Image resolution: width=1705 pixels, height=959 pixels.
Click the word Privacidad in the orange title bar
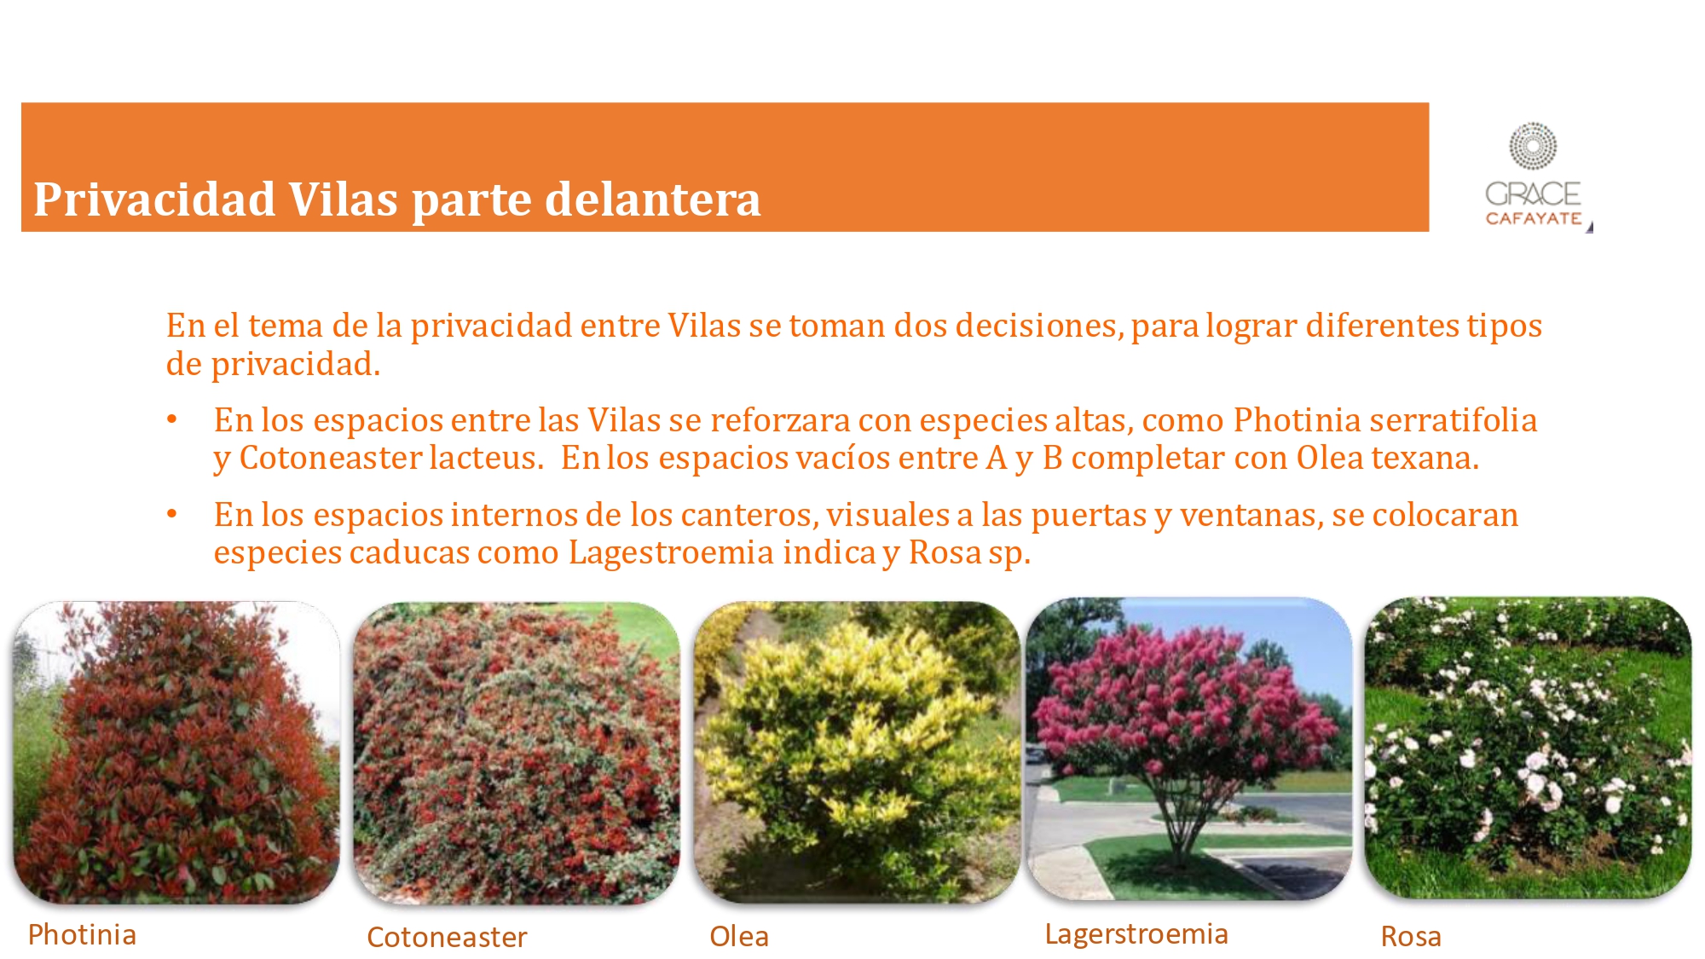coord(154,201)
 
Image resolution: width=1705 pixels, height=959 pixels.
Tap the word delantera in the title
coord(652,199)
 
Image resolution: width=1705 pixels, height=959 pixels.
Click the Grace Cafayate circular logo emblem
coord(1533,147)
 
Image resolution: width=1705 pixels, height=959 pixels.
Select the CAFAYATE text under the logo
coord(1534,218)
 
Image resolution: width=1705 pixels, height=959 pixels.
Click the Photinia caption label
coord(82,934)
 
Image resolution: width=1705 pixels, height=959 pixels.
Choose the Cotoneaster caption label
coord(447,937)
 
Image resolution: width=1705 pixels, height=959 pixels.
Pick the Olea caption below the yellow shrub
coord(739,936)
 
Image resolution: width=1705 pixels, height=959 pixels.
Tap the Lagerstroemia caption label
coord(1136,934)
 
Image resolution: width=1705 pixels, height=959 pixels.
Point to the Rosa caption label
coord(1411,936)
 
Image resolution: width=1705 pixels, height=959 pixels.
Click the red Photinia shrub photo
coord(176,752)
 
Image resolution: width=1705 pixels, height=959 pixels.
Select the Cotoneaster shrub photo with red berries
coord(517,753)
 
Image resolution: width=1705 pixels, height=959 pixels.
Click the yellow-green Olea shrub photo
coord(857,752)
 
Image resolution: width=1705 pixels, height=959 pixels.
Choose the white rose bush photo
coord(1528,748)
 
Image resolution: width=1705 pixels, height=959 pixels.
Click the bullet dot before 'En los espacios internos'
coord(172,513)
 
